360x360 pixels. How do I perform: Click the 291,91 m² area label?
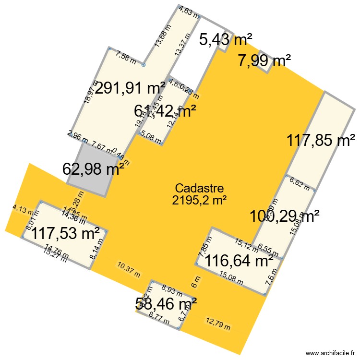coord(130,88)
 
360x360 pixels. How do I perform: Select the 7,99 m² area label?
coord(264,61)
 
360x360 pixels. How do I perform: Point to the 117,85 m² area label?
coord(318,141)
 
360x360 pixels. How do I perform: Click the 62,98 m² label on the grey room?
coord(94,168)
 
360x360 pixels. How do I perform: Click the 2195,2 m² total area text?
coord(199,200)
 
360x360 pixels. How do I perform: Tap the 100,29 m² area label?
coord(285,216)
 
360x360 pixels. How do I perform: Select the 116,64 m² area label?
coord(239,261)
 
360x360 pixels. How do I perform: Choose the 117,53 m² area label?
coord(66,235)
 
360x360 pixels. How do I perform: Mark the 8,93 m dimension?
coord(171,289)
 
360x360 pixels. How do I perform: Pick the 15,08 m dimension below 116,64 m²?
coord(230,277)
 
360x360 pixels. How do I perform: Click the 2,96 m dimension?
coord(78,137)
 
